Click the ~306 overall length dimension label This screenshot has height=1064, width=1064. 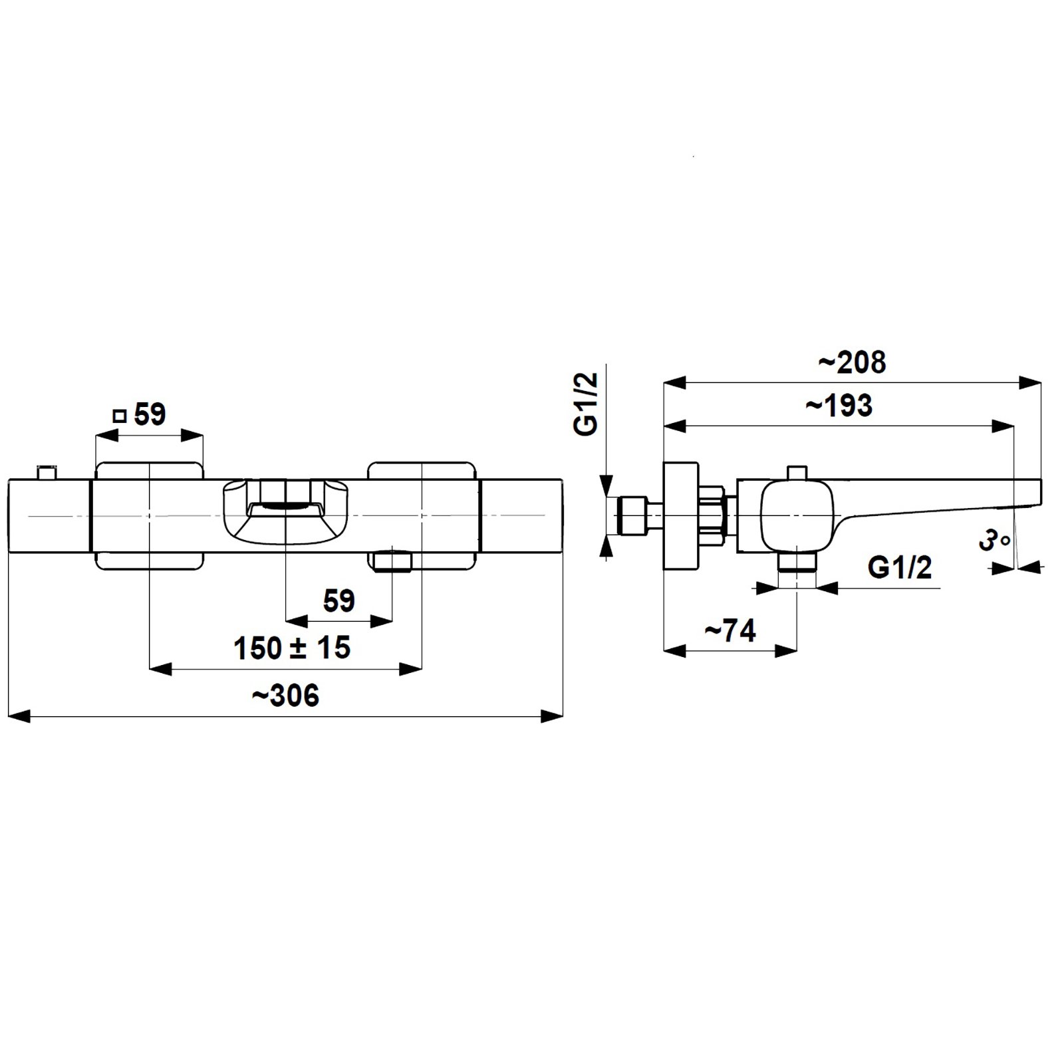point(285,696)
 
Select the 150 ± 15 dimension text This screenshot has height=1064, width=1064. point(292,647)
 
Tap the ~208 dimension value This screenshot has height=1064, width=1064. point(852,362)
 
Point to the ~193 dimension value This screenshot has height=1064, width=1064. point(839,406)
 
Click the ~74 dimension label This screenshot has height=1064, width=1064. point(730,630)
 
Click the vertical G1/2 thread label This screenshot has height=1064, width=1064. point(587,404)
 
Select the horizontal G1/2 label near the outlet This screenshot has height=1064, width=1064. point(900,567)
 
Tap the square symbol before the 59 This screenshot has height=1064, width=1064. point(120,416)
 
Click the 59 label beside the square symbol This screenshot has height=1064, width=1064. point(150,414)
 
